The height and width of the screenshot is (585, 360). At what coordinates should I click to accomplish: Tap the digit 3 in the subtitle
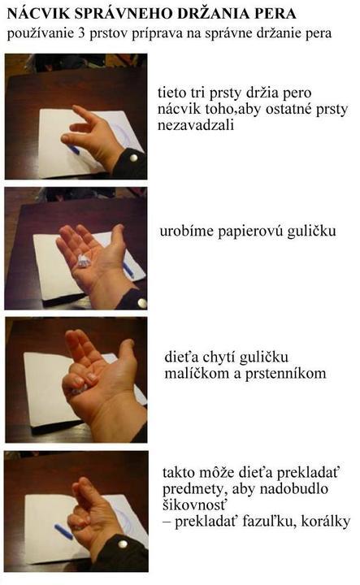pos(82,32)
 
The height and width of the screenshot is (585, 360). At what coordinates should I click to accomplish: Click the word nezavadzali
pos(196,124)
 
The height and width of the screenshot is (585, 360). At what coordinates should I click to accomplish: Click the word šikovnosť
pos(194,505)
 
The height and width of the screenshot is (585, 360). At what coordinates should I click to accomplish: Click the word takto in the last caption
pos(179,473)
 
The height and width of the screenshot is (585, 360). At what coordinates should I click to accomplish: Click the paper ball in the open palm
pos(84,260)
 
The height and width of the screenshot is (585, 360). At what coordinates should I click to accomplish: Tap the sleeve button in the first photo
pos(133,158)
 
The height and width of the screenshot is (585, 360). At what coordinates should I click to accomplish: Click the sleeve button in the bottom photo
pos(122,544)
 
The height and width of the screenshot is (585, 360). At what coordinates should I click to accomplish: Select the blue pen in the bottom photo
pos(63,531)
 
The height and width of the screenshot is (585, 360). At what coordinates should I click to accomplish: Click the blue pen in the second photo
pos(128,270)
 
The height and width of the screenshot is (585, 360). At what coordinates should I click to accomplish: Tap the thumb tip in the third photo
pos(128,343)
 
